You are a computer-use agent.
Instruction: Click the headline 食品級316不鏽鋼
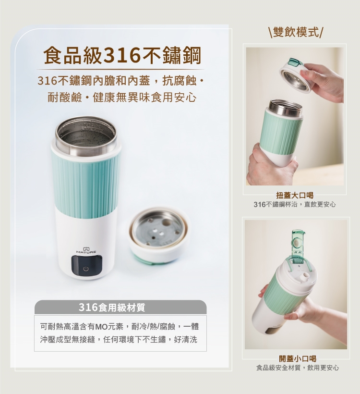coord(122,56)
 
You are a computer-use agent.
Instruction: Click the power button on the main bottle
coord(86,269)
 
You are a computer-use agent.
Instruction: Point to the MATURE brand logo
coord(86,250)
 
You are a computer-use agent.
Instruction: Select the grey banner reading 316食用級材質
coord(120,307)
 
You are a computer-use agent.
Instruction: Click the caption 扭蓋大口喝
coord(295,195)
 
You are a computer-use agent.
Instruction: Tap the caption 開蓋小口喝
coord(298,358)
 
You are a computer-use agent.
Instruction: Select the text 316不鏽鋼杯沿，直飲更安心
coord(294,205)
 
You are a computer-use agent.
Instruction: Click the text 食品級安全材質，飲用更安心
coord(298,368)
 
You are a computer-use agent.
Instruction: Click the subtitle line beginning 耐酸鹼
coord(122,98)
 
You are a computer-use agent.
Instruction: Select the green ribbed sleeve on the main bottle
coord(86,181)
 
